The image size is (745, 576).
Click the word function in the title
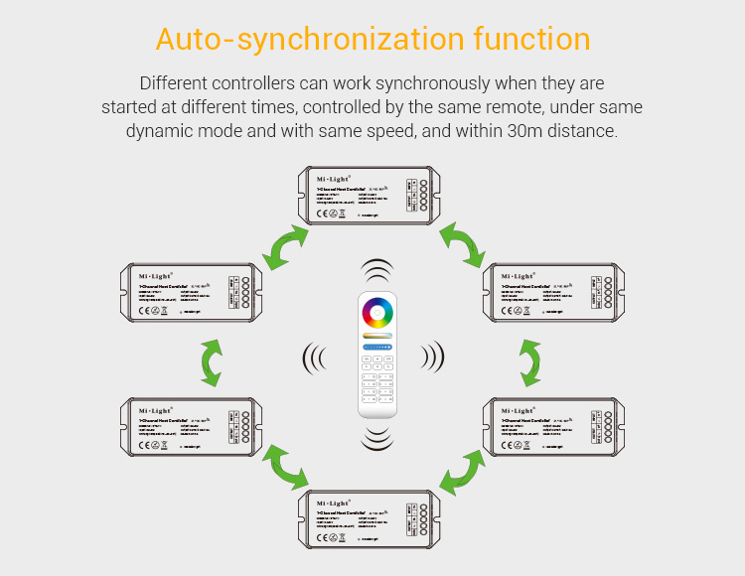(x=531, y=40)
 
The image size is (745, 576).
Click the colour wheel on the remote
(x=376, y=314)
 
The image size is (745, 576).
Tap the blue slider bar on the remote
(x=376, y=348)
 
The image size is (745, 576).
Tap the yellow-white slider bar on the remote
(x=376, y=337)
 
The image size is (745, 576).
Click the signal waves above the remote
(x=376, y=273)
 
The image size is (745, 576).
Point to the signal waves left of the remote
(x=315, y=356)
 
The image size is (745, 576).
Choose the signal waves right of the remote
(x=432, y=355)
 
